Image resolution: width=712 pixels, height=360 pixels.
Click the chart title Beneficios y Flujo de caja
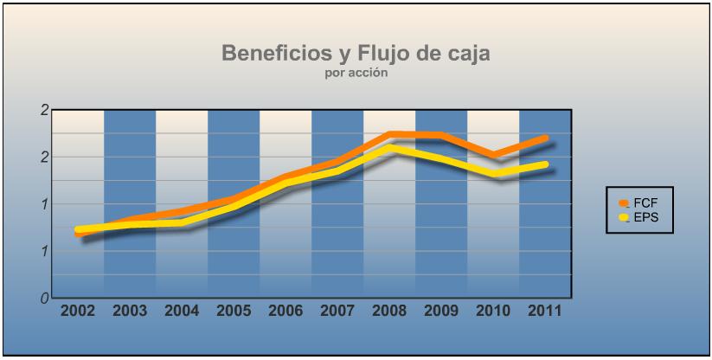[x=356, y=54]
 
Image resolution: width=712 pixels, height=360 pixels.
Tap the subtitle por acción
[x=356, y=74]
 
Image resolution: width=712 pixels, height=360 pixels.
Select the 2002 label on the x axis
[x=78, y=311]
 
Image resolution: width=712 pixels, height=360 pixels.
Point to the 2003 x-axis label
[x=130, y=311]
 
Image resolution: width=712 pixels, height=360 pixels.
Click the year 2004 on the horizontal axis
[x=182, y=311]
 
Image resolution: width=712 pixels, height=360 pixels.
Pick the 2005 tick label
[x=234, y=311]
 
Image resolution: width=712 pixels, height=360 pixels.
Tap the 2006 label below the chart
[x=285, y=311]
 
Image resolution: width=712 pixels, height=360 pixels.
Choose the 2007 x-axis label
[x=337, y=311]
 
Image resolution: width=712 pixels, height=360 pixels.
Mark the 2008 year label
[x=389, y=311]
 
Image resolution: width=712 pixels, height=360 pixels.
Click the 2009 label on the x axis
[x=441, y=311]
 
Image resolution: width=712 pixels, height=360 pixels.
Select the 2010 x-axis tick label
[x=493, y=311]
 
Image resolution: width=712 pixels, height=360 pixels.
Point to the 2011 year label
[x=545, y=311]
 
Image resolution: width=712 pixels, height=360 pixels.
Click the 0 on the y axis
[x=44, y=299]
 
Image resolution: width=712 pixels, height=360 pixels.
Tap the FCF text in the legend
[x=645, y=202]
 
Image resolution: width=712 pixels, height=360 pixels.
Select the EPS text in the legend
[x=645, y=216]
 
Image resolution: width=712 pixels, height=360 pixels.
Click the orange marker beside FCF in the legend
[x=624, y=202]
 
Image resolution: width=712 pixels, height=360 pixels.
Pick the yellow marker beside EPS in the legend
[x=624, y=217]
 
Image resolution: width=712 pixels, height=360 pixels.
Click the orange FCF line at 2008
[x=392, y=134]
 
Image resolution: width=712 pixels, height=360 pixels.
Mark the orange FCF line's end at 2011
[x=545, y=138]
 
